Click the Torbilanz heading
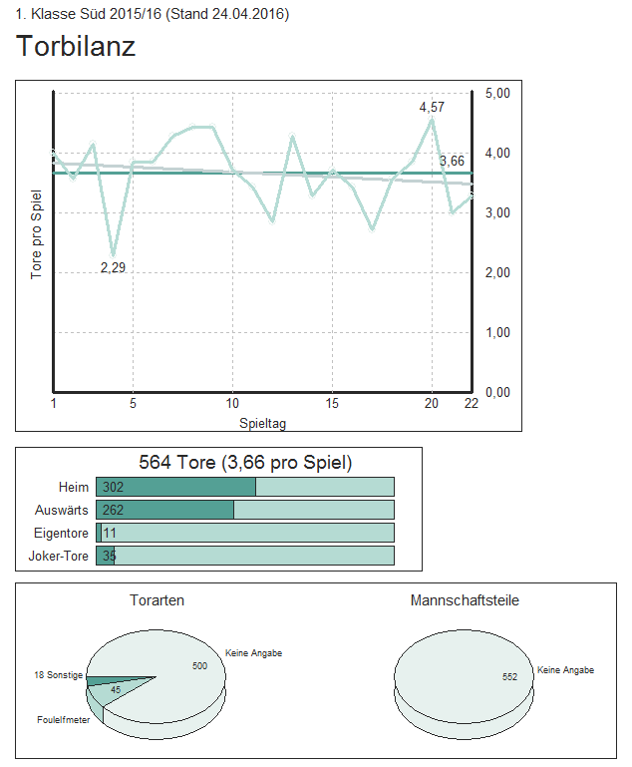76,46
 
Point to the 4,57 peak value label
432,107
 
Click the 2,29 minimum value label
113,267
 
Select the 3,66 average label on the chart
452,161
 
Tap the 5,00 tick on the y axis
497,93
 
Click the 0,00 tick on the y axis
497,392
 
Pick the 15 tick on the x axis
332,403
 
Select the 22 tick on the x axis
472,403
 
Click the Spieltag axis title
263,424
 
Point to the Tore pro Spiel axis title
37,234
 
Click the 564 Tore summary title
244,463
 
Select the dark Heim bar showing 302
175,487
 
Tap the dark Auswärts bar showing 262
164,510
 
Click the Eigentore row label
61,533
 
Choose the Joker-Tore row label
59,556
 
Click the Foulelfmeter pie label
64,720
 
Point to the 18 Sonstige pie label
58,675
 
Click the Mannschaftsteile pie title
465,600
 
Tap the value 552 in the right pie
509,677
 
